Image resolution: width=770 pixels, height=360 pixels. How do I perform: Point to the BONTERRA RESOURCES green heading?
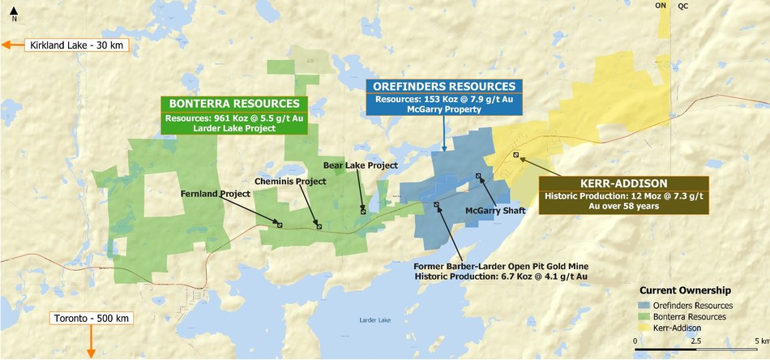coord(234,104)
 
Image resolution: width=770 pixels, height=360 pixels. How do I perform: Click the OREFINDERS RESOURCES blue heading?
coord(443,86)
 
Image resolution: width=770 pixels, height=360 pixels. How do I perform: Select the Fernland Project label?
coord(214,194)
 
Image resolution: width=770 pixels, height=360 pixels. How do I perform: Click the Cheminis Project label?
coord(290,181)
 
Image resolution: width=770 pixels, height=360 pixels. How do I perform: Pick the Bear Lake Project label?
coord(361,165)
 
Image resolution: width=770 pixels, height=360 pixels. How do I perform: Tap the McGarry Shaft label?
coord(495,211)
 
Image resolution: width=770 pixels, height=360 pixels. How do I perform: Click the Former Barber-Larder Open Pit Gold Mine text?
coord(500,266)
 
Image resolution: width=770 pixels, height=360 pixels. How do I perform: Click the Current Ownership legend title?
coord(685,289)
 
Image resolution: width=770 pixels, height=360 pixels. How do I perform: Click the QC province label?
coord(683,5)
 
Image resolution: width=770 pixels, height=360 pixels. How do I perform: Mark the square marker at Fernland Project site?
coord(280,225)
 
